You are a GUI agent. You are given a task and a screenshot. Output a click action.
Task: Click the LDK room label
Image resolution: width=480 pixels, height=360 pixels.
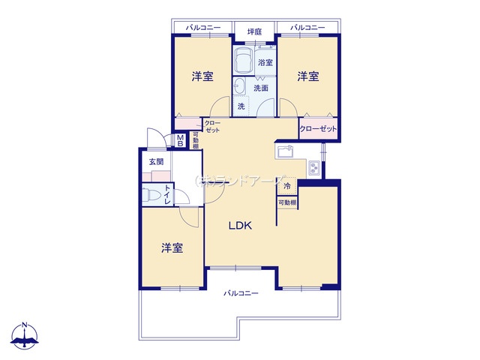coord(240,226)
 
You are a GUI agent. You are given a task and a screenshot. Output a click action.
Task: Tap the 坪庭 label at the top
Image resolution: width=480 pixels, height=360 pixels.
coord(255,31)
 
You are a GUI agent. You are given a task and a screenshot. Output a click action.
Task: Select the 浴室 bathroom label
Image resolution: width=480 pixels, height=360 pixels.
coord(265,62)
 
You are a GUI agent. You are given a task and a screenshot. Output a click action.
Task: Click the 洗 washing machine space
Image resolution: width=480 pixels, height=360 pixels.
coord(241,106)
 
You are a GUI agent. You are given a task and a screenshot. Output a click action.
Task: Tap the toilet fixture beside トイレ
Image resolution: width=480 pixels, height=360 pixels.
coord(151,194)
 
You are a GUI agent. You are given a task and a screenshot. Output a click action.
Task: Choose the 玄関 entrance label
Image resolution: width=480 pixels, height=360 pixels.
coord(156,162)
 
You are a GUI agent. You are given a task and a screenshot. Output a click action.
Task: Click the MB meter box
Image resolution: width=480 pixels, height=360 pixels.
coord(180,140)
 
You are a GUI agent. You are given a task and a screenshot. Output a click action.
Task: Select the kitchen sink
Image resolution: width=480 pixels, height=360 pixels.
coord(285,151)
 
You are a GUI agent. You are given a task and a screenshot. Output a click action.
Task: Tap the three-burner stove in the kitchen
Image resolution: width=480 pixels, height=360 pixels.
coord(314,168)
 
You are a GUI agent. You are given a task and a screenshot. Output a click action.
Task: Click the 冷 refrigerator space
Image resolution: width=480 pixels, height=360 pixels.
coord(286,186)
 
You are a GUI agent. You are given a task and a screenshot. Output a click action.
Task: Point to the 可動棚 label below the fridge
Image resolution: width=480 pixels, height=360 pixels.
coord(287,202)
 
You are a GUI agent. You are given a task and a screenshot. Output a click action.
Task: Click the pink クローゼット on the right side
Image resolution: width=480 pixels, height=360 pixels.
coord(318,128)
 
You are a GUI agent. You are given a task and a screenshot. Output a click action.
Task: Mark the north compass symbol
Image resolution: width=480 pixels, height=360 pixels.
coord(25,336)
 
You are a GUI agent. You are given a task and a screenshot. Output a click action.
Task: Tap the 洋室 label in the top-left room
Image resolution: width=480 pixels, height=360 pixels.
coord(202,76)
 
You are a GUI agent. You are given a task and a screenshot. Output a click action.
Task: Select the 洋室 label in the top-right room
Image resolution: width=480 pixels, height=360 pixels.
coord(308,76)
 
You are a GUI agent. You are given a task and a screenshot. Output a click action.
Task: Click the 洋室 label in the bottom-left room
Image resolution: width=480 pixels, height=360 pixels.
coord(172,247)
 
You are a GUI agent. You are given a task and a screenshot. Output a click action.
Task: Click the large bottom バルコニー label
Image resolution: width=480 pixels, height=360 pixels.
coord(241,293)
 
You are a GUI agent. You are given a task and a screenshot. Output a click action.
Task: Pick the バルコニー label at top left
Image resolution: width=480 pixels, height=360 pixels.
coord(203,28)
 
